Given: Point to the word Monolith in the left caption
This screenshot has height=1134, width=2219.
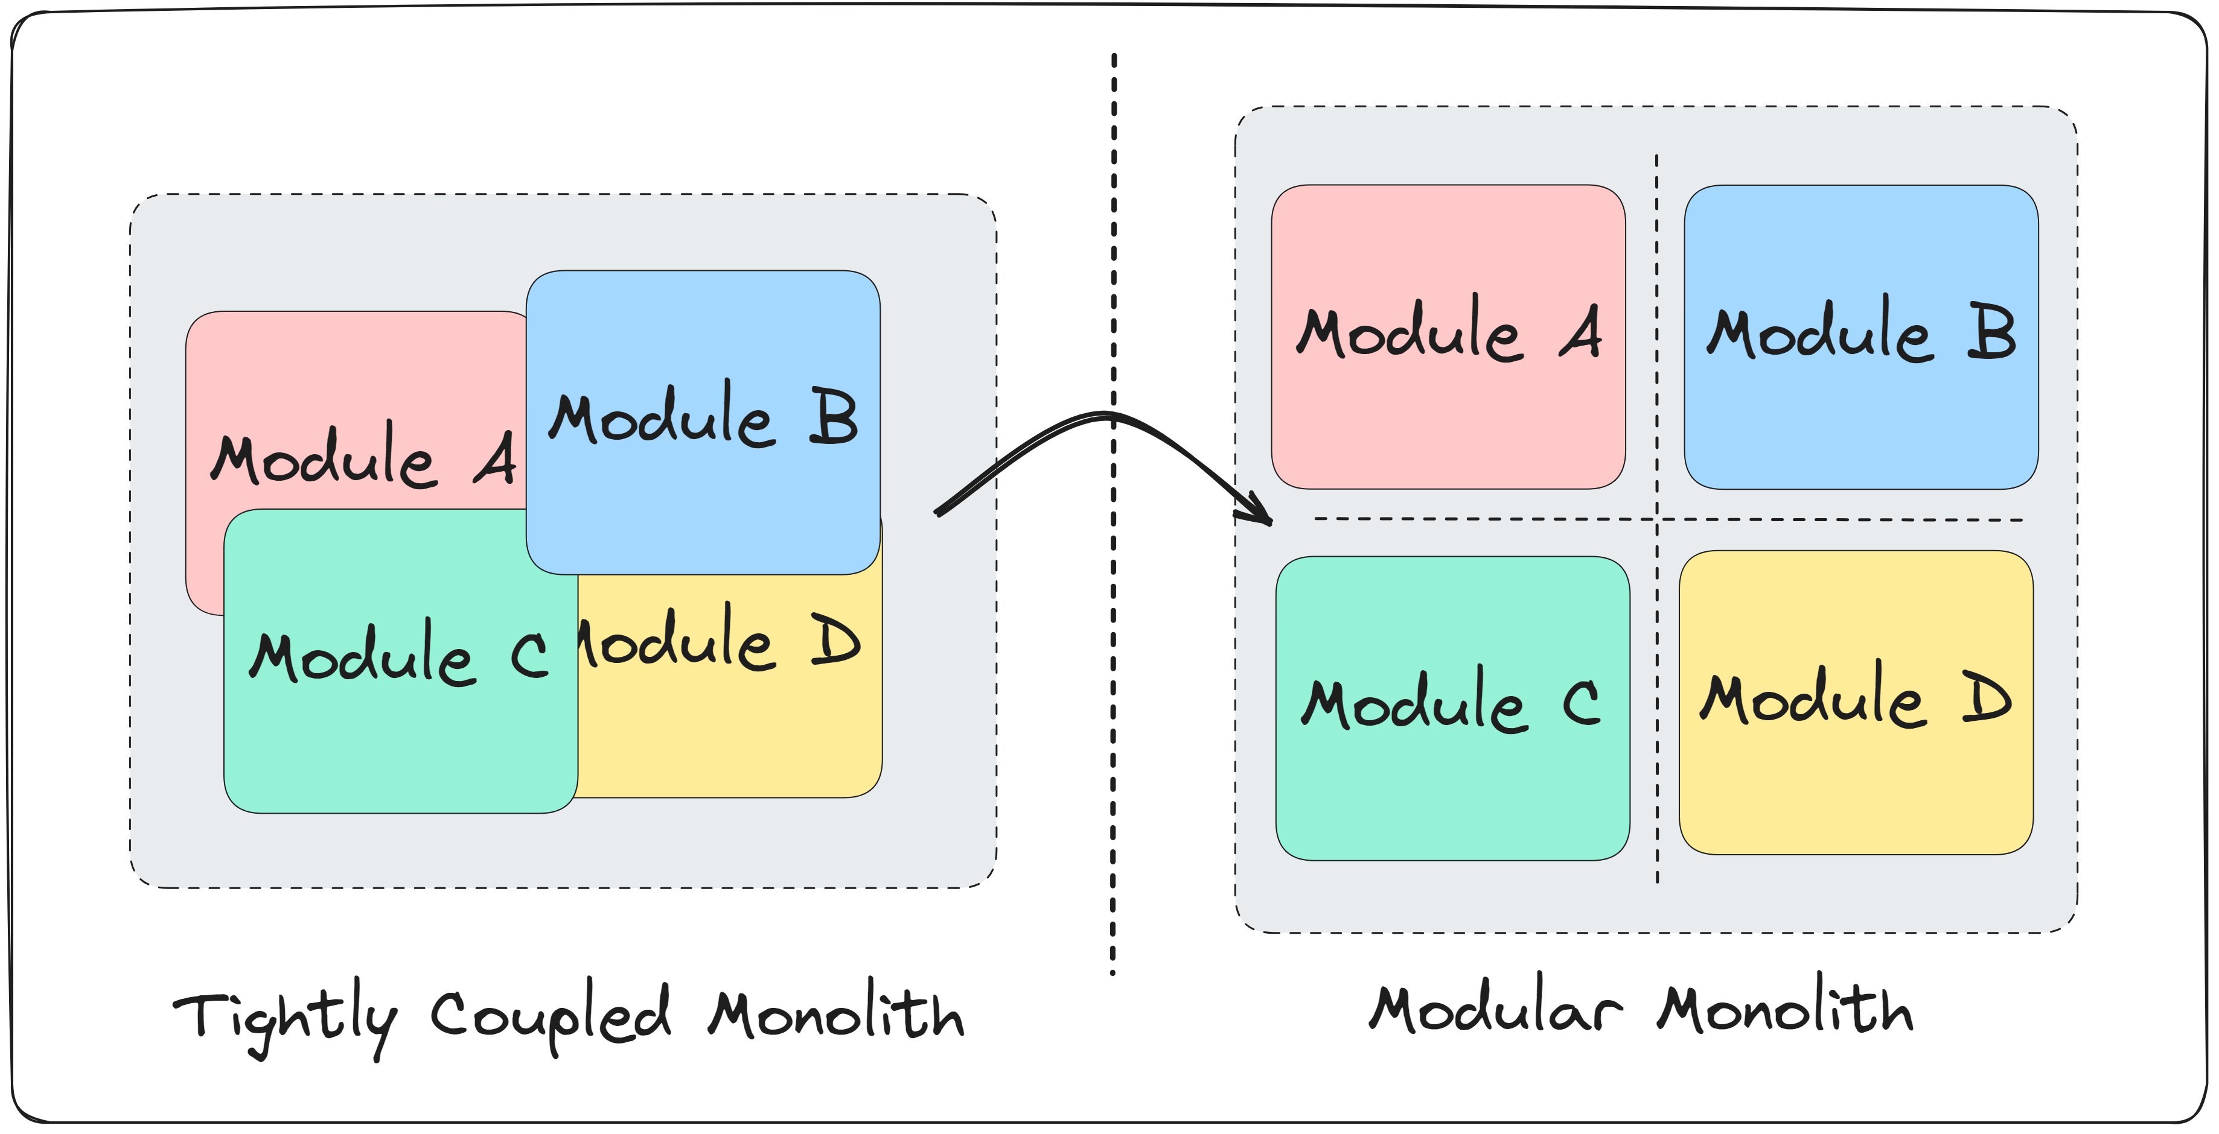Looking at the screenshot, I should tap(835, 1011).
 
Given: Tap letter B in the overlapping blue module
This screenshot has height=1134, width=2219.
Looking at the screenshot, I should tap(833, 417).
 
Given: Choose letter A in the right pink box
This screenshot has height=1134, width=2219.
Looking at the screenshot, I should tap(1582, 332).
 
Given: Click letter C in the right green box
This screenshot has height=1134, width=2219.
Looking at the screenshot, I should tap(1582, 702).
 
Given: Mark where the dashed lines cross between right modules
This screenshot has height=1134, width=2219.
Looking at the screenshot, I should tap(1656, 519).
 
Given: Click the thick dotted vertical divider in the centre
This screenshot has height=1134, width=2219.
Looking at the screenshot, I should tap(1113, 689).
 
